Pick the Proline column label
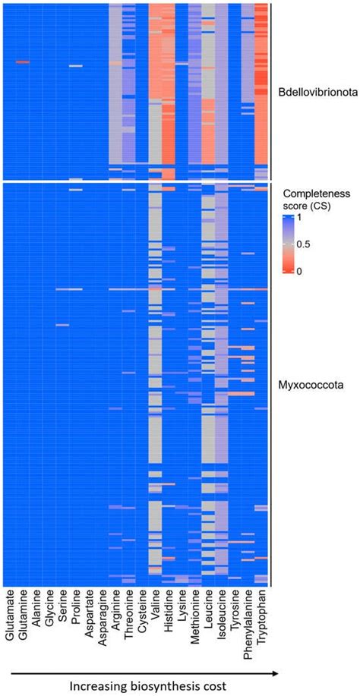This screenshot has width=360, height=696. [x=76, y=607]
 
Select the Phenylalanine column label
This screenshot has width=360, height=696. [x=248, y=620]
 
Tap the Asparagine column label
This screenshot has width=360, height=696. [x=103, y=615]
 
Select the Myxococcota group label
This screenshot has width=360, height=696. [x=309, y=386]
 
